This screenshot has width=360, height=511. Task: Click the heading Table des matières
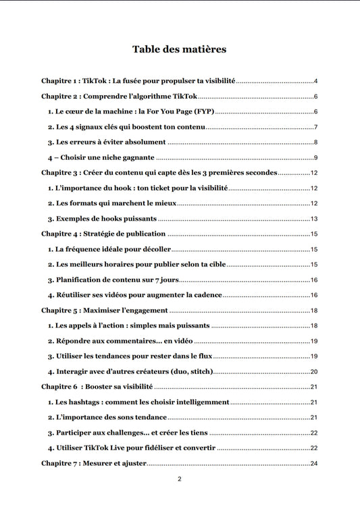pos(179,49)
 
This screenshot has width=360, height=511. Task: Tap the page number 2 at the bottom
pos(180,479)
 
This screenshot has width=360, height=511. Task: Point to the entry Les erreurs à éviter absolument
pos(107,142)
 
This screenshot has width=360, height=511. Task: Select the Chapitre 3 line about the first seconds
pos(159,173)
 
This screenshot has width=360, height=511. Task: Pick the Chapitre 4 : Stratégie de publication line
pos(103,234)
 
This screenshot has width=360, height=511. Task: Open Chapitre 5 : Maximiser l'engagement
pos(105,311)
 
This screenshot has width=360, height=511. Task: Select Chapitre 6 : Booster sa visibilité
pos(97,387)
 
